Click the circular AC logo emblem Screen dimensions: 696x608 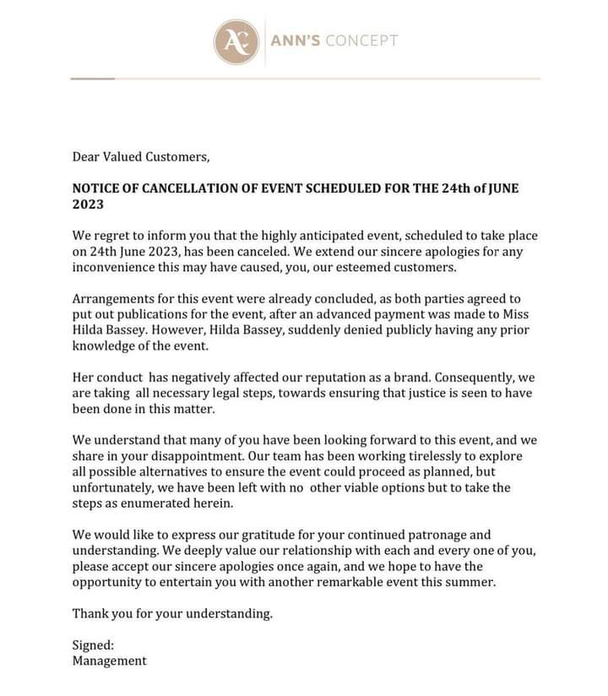236,41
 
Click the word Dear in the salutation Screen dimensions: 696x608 88,156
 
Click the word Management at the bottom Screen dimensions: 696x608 110,661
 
